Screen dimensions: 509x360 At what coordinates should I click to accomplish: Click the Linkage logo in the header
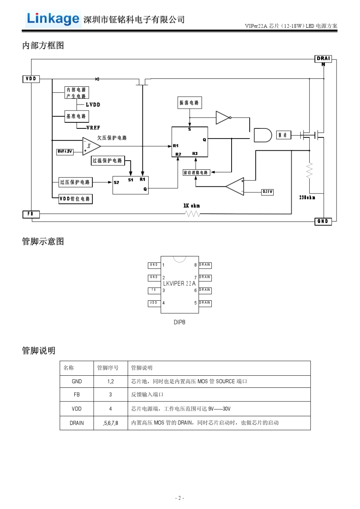[53, 19]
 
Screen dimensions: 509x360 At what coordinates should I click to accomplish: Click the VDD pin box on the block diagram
[31, 79]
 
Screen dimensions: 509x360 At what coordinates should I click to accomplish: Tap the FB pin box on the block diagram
[31, 214]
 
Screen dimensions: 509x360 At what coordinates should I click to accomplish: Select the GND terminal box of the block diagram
[323, 221]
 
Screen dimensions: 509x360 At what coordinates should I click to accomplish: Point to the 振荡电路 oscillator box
[189, 103]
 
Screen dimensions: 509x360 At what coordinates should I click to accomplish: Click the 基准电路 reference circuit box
[77, 116]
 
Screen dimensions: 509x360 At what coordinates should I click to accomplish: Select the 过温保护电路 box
[108, 161]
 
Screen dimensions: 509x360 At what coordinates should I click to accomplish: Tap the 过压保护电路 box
[75, 182]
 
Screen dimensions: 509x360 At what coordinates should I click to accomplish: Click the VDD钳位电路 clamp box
[75, 199]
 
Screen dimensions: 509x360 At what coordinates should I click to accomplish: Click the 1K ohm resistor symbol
[193, 214]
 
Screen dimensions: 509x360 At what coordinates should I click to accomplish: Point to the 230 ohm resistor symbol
[309, 170]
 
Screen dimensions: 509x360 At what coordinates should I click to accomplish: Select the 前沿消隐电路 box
[196, 173]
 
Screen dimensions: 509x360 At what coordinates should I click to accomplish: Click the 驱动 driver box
[283, 135]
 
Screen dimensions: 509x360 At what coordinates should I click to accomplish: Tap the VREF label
[93, 128]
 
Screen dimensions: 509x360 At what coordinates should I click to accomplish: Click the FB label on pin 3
[154, 290]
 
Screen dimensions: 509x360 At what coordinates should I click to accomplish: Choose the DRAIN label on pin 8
[205, 265]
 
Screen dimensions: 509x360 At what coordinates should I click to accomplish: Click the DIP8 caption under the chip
[179, 322]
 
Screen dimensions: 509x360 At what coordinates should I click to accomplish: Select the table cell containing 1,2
[110, 381]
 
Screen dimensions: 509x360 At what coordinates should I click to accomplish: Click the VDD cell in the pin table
[77, 409]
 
